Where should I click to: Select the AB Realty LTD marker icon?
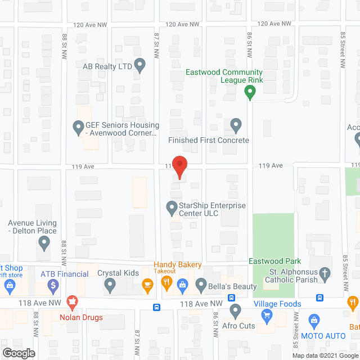pyautogui.click(x=141, y=66)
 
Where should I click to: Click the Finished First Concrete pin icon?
pyautogui.click(x=236, y=124)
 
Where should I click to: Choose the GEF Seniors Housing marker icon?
pyautogui.click(x=79, y=129)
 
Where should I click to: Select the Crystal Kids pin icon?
pyautogui.click(x=110, y=286)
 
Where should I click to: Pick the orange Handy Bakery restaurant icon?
pyautogui.click(x=166, y=283)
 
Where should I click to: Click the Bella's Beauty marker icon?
pyautogui.click(x=200, y=286)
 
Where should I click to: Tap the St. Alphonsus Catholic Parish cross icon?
pyautogui.click(x=324, y=275)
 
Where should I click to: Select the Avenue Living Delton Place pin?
pyautogui.click(x=44, y=244)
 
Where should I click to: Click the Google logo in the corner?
pyautogui.click(x=18, y=353)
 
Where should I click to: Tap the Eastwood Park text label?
pyautogui.click(x=276, y=261)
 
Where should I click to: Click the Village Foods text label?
pyautogui.click(x=277, y=304)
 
